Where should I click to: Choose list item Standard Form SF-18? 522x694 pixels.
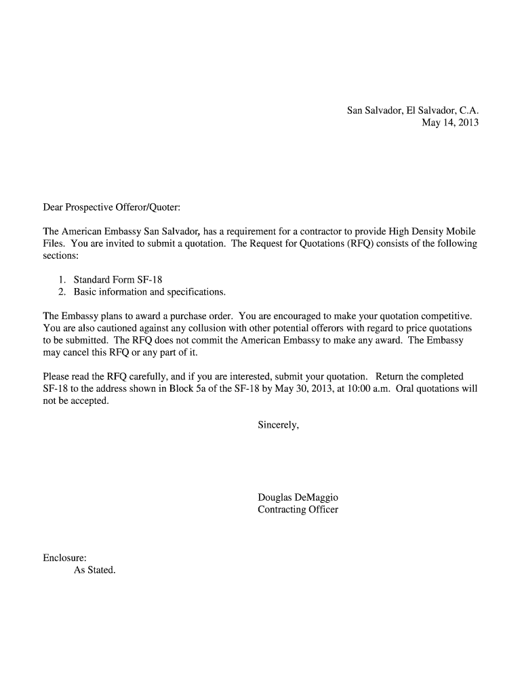click(x=119, y=280)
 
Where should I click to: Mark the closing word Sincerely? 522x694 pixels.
click(x=278, y=425)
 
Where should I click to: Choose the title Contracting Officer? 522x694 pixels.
click(x=298, y=510)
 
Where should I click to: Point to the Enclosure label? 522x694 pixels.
click(x=64, y=558)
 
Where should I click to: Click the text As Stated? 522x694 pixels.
click(x=95, y=570)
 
